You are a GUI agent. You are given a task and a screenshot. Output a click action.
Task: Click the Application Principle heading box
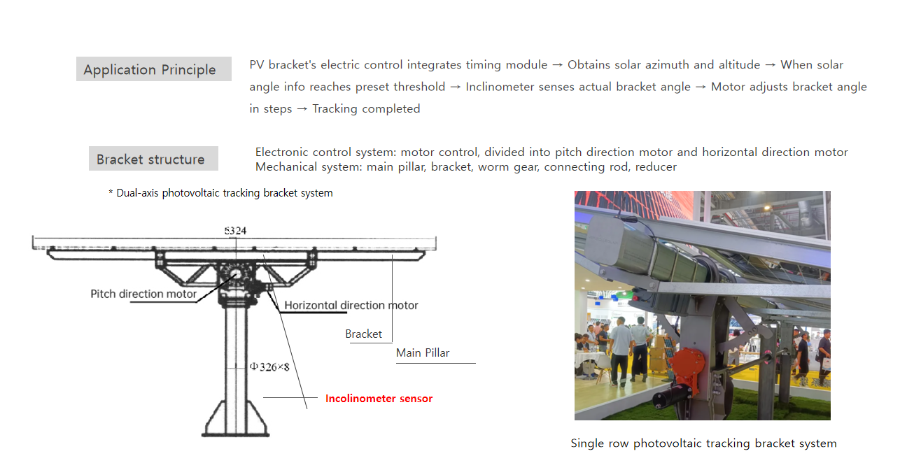153,69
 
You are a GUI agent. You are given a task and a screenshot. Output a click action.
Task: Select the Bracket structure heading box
153,159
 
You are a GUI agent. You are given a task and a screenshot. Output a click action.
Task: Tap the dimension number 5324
235,230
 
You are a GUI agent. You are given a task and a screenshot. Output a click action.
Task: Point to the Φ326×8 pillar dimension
269,366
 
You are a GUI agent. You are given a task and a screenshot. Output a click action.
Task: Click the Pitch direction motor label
143,294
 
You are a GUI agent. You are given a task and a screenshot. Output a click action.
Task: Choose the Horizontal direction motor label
351,305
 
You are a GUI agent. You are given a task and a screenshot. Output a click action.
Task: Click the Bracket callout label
363,334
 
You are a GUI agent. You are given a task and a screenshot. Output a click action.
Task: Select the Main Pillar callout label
423,352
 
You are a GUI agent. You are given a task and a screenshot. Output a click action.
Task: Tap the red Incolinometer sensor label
379,399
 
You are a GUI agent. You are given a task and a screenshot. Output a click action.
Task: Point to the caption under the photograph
703,443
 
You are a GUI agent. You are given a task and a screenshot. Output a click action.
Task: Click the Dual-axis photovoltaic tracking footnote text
220,193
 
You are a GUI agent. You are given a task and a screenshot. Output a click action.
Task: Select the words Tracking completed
366,108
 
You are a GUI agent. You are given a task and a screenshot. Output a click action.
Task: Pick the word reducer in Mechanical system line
656,166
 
